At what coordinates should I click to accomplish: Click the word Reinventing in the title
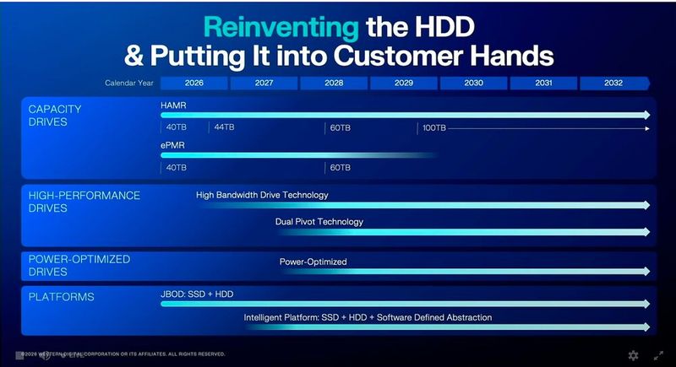pos(282,27)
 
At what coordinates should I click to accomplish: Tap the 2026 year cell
pos(194,83)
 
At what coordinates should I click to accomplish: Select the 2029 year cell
pos(403,83)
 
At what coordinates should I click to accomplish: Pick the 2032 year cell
pos(613,83)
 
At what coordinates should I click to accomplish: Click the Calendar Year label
pos(129,84)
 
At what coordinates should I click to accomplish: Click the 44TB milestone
pos(223,128)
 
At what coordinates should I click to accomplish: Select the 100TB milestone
pos(434,128)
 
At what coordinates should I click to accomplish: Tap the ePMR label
pos(172,144)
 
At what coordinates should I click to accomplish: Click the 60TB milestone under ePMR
pos(340,168)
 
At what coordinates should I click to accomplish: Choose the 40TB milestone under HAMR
pos(177,128)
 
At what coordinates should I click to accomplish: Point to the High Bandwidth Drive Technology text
pos(262,195)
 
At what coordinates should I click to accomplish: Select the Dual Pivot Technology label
pos(319,222)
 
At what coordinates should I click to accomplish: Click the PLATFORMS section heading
pos(61,297)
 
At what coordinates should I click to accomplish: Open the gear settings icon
pos(633,356)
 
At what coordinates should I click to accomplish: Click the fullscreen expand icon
pos(658,356)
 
